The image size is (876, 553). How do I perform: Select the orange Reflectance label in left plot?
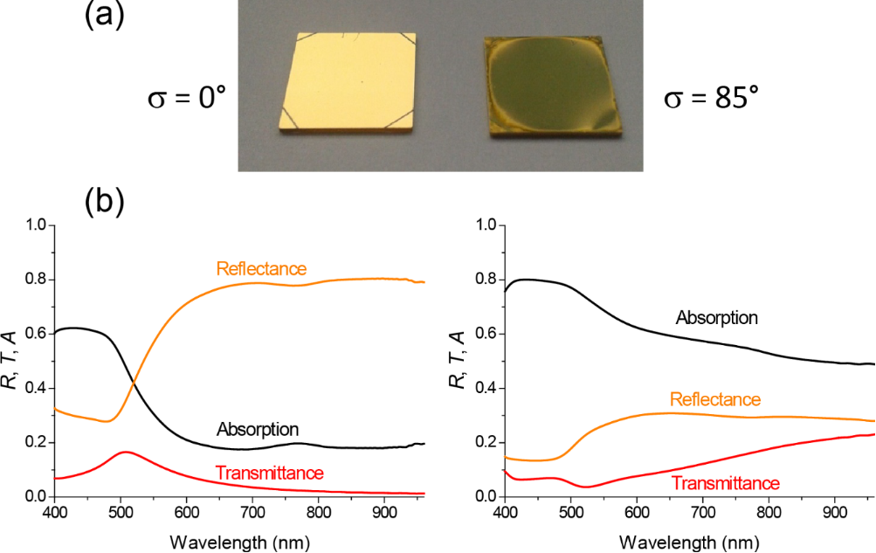(x=263, y=268)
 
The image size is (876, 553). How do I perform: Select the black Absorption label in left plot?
(x=258, y=429)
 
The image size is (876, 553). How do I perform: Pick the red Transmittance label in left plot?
(x=269, y=474)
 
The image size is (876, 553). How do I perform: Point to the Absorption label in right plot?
(x=716, y=316)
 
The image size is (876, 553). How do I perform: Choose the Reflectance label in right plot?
(x=714, y=399)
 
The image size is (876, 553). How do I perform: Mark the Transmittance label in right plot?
(x=725, y=481)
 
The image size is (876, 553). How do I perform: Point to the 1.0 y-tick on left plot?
(x=36, y=226)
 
